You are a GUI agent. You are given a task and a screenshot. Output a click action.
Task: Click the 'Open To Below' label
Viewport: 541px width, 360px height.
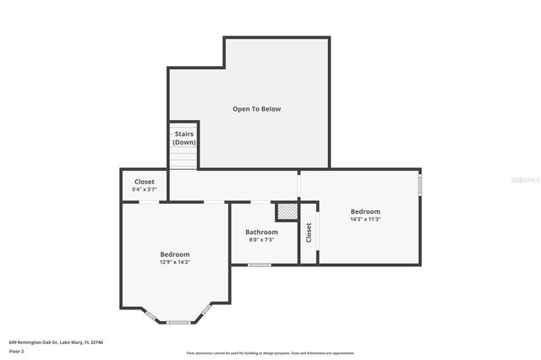(x=257, y=109)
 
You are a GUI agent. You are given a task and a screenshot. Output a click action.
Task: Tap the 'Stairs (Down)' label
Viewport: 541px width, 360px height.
(x=184, y=138)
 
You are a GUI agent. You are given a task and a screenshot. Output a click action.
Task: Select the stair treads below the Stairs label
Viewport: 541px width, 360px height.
(x=183, y=158)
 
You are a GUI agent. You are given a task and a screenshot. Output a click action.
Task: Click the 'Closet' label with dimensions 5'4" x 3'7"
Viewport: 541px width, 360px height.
(x=145, y=182)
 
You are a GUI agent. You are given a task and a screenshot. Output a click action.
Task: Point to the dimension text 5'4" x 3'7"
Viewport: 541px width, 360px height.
(x=145, y=190)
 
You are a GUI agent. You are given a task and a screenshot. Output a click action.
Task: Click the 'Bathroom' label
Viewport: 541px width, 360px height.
(x=261, y=232)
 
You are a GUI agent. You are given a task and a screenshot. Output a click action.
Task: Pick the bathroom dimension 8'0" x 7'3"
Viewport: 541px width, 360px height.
(x=261, y=240)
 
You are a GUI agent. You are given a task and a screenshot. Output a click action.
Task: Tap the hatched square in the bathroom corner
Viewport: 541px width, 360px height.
(x=287, y=210)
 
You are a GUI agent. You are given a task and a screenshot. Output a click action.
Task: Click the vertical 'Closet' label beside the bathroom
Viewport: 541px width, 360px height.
(x=309, y=232)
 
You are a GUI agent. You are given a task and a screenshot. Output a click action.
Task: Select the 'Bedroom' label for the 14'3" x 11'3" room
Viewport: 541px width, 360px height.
(x=366, y=211)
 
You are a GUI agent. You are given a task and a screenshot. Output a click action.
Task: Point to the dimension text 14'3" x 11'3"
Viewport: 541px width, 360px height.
(x=366, y=220)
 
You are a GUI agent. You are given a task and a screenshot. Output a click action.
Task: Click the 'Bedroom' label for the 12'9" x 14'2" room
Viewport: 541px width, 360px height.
(x=175, y=254)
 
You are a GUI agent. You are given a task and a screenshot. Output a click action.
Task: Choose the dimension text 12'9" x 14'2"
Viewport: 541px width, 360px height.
(x=175, y=262)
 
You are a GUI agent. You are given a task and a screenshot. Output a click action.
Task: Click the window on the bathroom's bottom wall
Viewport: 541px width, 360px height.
(x=260, y=265)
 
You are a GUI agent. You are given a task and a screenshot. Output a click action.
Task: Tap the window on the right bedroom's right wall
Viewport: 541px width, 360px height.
(x=420, y=184)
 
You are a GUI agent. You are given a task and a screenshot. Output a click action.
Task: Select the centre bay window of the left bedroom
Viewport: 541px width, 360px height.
(x=178, y=322)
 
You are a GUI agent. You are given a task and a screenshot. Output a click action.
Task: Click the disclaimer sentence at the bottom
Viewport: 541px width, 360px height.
(x=270, y=353)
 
